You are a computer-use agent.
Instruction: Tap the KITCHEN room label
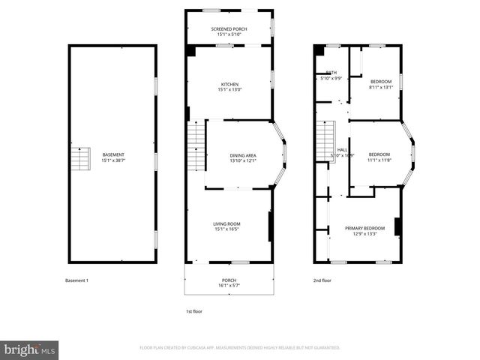click(229, 84)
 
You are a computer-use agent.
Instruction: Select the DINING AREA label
click(243, 155)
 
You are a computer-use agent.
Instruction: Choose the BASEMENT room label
click(113, 155)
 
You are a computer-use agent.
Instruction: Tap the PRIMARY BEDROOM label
click(364, 228)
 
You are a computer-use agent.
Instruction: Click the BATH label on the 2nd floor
click(331, 73)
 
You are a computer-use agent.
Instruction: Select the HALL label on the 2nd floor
click(342, 150)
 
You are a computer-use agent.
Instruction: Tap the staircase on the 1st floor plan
click(195, 147)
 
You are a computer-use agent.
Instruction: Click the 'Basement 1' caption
click(76, 280)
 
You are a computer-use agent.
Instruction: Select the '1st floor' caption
click(194, 311)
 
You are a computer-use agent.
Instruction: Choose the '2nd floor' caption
click(322, 280)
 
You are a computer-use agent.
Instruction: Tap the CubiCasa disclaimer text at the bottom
click(240, 348)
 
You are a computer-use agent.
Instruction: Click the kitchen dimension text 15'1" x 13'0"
click(229, 90)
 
